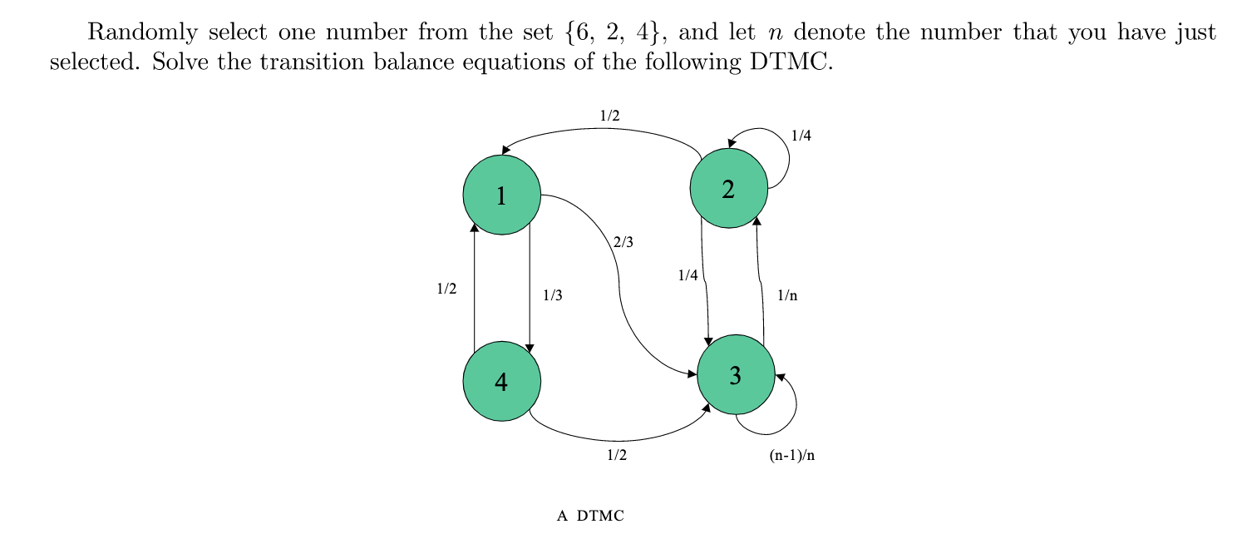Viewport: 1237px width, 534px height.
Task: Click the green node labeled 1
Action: [x=501, y=195]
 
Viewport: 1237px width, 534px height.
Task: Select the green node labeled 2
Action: [x=728, y=189]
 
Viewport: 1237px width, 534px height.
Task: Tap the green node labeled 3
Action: [x=735, y=375]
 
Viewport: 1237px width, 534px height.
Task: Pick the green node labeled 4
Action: [x=501, y=381]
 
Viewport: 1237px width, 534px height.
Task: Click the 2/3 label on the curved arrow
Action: [x=623, y=243]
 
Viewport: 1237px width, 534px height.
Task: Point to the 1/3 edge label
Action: [x=552, y=294]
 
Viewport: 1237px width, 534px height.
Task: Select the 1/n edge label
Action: [x=786, y=294]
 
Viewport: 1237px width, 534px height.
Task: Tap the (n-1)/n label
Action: [x=791, y=456]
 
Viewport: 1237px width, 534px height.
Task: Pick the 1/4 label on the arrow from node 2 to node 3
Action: [x=688, y=276]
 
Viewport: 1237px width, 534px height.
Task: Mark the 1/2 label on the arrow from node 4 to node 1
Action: [x=446, y=289]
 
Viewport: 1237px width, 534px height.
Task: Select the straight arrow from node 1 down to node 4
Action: [x=530, y=291]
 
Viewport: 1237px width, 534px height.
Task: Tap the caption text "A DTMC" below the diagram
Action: [x=590, y=516]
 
